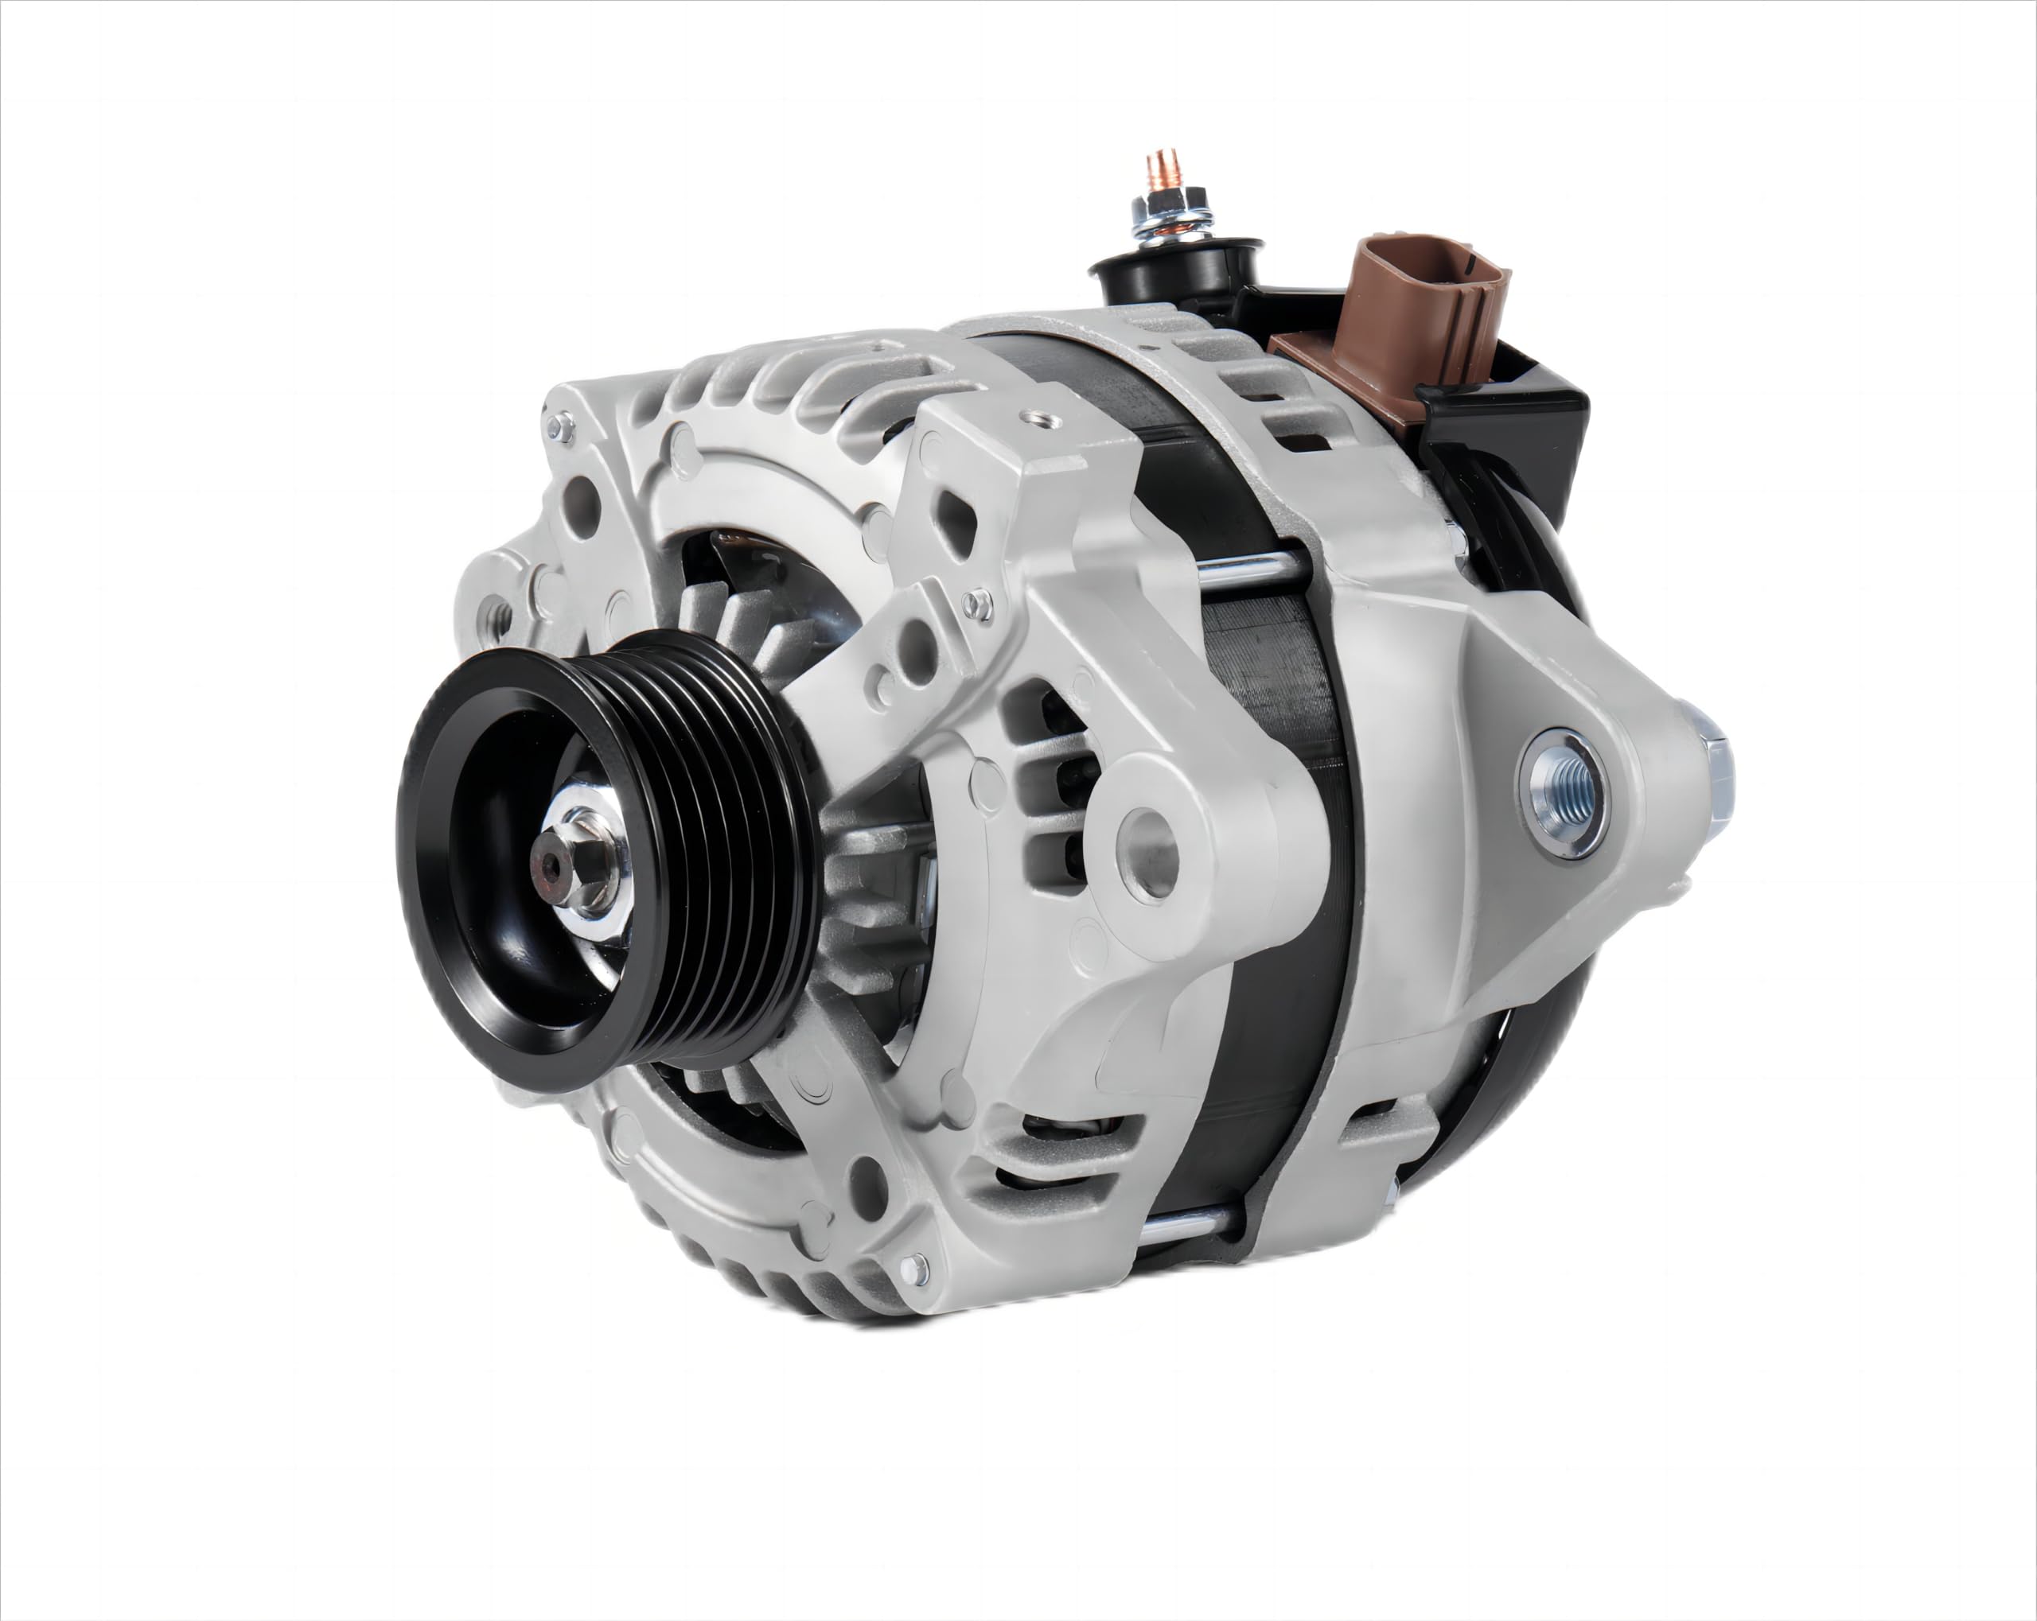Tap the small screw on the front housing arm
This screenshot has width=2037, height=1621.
980,602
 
